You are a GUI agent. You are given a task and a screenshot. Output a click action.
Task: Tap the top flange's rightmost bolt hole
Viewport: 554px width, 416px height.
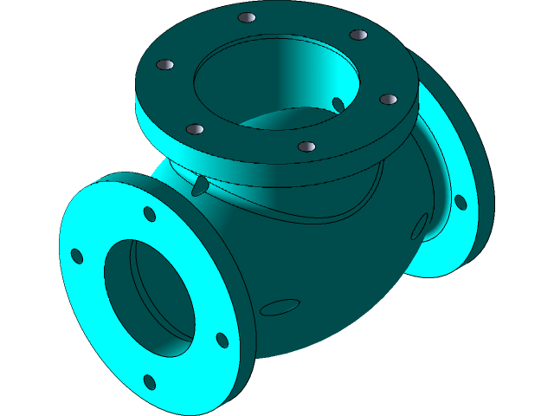[x=388, y=100]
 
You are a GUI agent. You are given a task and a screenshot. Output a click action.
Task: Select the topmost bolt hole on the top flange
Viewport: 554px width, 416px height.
[x=247, y=18]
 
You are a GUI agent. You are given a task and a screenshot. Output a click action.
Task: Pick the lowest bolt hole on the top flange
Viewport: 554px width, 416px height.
[x=306, y=146]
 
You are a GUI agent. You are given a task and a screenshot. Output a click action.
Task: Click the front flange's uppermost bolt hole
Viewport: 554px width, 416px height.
[x=149, y=213]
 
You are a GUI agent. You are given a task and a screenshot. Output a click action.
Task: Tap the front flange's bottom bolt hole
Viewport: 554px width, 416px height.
[x=149, y=381]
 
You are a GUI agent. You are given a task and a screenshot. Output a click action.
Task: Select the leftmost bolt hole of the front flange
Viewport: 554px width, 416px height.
[x=77, y=256]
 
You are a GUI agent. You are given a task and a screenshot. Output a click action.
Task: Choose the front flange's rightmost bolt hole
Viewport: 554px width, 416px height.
[x=222, y=340]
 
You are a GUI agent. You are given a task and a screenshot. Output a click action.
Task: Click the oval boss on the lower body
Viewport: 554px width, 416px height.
[x=280, y=307]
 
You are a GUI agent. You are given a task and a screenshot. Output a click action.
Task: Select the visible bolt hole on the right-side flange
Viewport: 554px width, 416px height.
[x=461, y=202]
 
